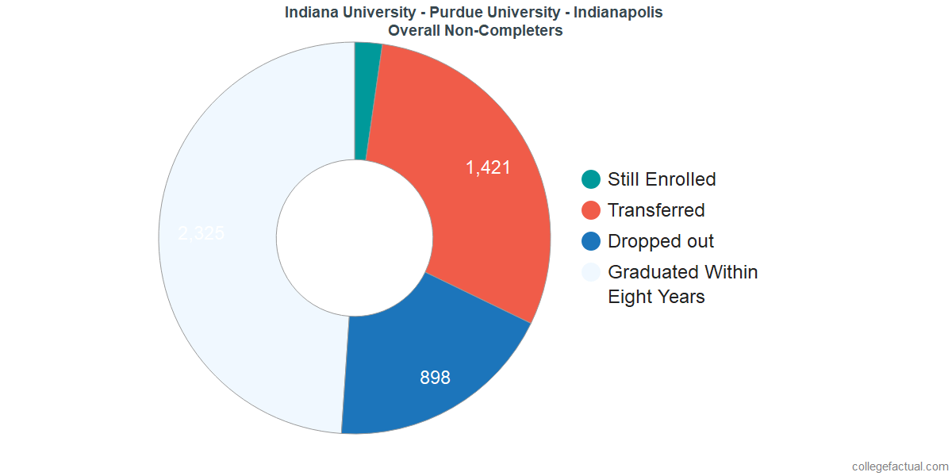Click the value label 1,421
coord(488,167)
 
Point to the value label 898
coord(435,378)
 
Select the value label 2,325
coord(202,233)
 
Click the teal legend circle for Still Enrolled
coord(591,179)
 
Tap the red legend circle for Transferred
coord(591,210)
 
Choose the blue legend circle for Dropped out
coord(591,241)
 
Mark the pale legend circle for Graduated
coord(591,272)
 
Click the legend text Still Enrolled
coord(662,179)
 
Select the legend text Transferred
coord(656,210)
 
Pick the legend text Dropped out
coord(661,241)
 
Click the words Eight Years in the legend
coord(656,297)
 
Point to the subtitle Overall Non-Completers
coord(475,31)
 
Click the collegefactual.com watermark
coord(900,466)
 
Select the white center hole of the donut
coord(354,238)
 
